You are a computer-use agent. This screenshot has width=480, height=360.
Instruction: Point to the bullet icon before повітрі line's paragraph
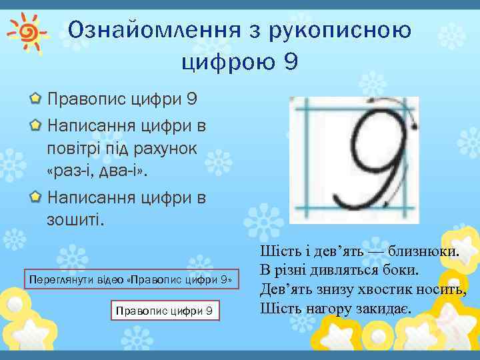[x=35, y=125]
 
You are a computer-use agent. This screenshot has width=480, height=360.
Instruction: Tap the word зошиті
[x=75, y=219]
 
